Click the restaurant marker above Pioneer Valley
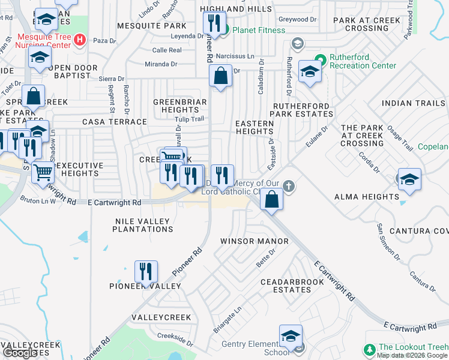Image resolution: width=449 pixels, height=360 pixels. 146,272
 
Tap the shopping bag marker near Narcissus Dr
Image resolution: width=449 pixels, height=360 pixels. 221,77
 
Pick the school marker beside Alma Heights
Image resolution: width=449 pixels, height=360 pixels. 409,180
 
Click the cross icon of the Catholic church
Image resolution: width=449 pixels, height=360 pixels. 289,186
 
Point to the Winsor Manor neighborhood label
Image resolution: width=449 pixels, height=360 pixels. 255,241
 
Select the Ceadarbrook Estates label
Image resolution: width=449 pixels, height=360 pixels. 286,286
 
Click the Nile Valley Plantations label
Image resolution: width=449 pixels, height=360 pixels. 143,225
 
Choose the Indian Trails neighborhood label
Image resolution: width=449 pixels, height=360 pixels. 413,103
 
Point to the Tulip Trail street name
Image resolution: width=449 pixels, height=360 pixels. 191,119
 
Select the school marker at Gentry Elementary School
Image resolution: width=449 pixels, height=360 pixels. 291,336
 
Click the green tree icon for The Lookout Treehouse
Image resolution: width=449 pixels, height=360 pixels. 369,349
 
